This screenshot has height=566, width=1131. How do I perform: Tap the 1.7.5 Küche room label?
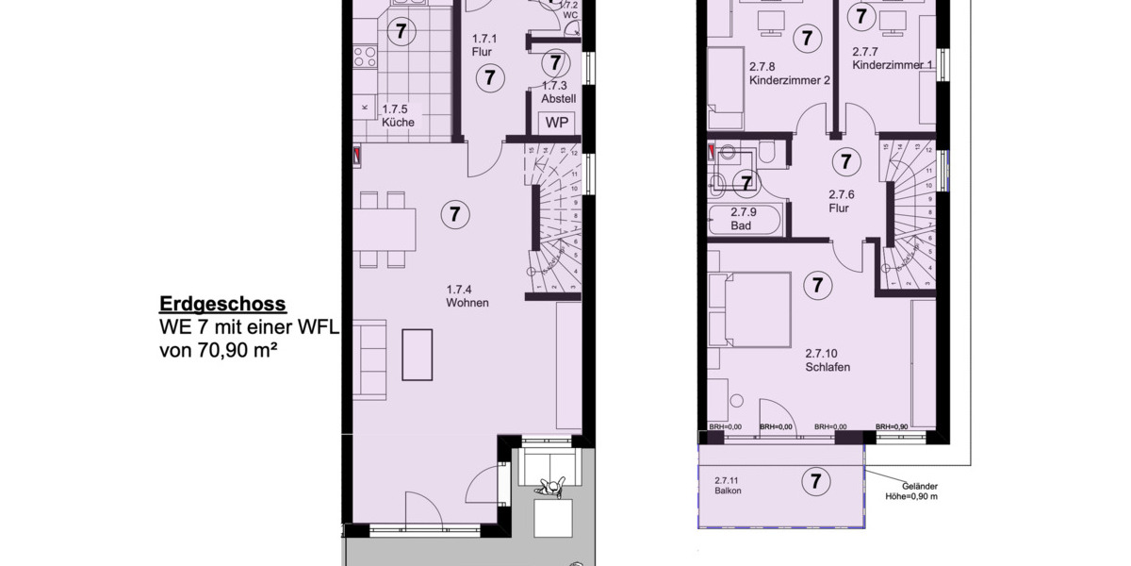point(398,116)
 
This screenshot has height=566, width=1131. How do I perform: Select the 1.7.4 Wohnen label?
point(460,295)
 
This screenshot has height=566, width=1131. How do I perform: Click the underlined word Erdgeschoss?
point(222,305)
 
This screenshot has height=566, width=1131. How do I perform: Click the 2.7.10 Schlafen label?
point(828,361)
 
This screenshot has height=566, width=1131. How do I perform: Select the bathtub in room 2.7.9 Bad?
point(746,220)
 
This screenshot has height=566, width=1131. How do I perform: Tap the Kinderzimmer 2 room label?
point(789,74)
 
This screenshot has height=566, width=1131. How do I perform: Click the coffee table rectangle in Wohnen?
point(417,354)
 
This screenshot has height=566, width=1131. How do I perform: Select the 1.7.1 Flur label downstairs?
point(483,46)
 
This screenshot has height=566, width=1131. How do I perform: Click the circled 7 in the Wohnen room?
point(454,214)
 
